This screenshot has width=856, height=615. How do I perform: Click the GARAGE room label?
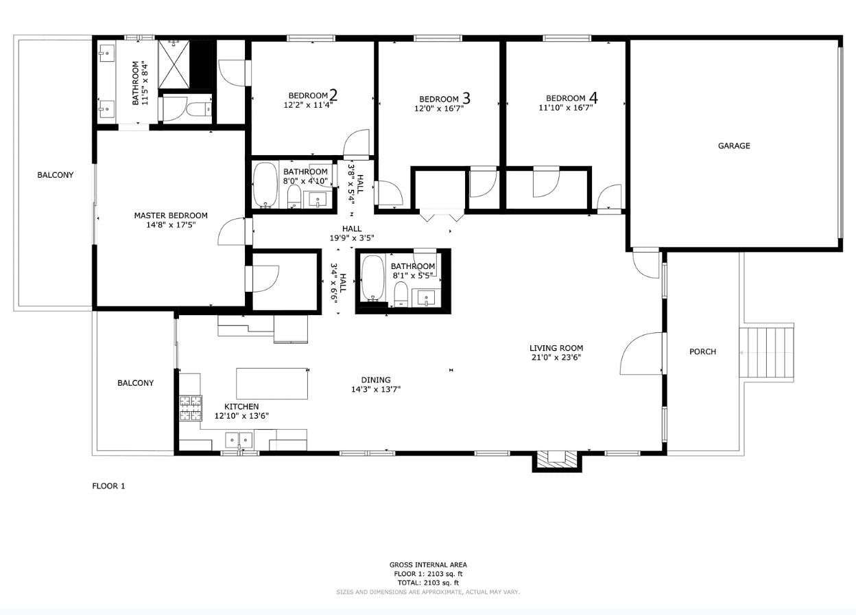[734, 146]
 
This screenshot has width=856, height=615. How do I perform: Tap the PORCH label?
[702, 351]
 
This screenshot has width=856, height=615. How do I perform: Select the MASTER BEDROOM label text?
[171, 216]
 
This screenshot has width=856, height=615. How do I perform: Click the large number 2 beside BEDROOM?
[333, 95]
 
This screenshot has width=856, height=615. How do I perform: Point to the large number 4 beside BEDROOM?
[593, 97]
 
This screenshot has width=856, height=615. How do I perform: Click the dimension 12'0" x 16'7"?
[439, 108]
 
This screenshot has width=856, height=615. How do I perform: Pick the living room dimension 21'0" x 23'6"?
[556, 357]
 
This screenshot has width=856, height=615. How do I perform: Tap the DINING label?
[376, 380]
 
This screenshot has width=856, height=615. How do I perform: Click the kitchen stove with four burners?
[191, 408]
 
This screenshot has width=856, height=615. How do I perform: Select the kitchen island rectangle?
[272, 384]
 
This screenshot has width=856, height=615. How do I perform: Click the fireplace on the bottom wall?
[557, 461]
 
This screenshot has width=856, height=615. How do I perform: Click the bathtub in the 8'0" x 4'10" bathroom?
[265, 185]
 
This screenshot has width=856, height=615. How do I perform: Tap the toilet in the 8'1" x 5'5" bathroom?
[401, 294]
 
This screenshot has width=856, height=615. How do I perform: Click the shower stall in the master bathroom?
[174, 65]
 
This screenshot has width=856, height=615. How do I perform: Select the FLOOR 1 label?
[108, 486]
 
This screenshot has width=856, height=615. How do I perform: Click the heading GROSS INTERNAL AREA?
[428, 564]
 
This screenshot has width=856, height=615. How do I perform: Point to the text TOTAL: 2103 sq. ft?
[428, 583]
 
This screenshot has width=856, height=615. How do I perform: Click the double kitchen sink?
[239, 440]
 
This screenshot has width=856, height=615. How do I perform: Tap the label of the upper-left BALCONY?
[56, 175]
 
